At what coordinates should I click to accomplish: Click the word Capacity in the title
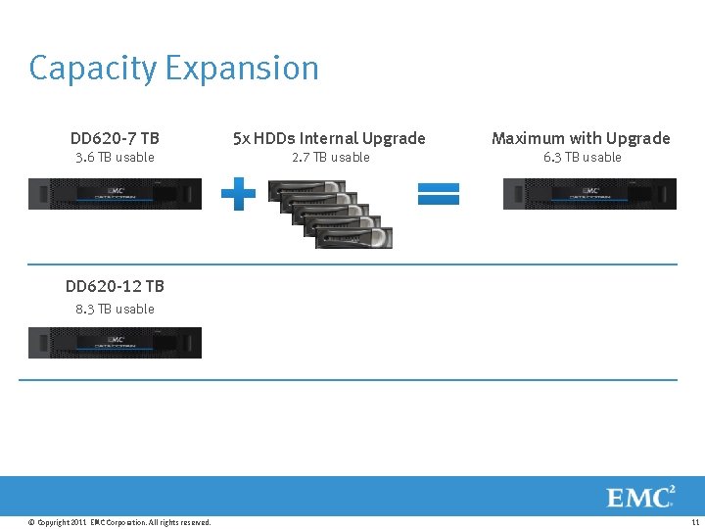[x=92, y=69]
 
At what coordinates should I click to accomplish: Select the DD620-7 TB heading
[x=115, y=138]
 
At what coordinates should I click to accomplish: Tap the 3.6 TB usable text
[x=115, y=157]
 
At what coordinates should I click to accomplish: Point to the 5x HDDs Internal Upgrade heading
[x=329, y=138]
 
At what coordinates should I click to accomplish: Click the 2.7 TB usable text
[x=331, y=157]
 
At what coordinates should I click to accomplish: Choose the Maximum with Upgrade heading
[x=581, y=138]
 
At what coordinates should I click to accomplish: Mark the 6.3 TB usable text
[x=583, y=157]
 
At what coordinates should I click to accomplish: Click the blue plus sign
[x=238, y=194]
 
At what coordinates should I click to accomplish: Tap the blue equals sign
[x=438, y=194]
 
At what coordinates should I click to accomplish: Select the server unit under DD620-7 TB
[x=115, y=194]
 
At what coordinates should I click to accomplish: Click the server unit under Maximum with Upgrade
[x=589, y=194]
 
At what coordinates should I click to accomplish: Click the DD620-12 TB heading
[x=115, y=286]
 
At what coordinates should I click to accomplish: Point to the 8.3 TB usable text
[x=115, y=309]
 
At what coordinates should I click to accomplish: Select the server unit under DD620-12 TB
[x=115, y=343]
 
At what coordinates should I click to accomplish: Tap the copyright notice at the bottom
[x=119, y=522]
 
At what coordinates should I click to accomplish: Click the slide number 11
[x=694, y=522]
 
